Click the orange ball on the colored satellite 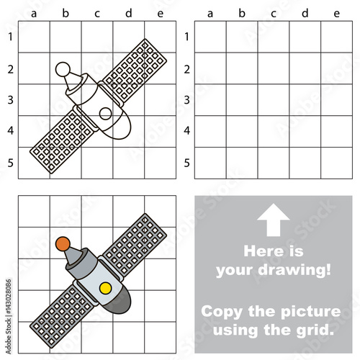point(63,244)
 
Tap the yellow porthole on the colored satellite point(105,288)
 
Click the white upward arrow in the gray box point(273,220)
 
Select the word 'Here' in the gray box point(260,251)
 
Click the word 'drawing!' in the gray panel point(294,270)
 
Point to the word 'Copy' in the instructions point(222,312)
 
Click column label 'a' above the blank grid point(210,14)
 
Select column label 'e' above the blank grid point(336,14)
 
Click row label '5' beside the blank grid point(186,163)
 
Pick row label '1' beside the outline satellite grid point(10,37)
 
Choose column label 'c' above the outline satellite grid point(97,14)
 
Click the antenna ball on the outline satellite point(63,69)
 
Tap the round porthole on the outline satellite point(105,114)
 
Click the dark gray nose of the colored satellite point(120,301)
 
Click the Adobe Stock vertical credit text point(9,316)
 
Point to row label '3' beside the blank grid point(186,100)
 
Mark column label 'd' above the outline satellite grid point(129,13)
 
